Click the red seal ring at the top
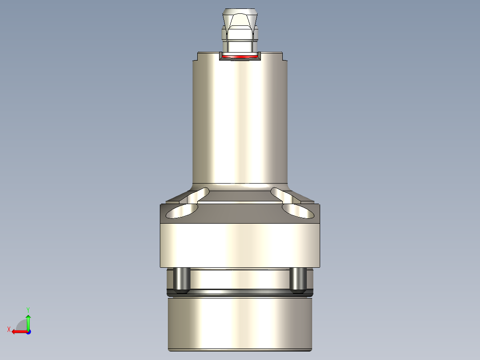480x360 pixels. click(x=240, y=57)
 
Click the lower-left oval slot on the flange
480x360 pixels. click(x=182, y=212)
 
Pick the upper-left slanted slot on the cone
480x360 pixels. click(x=198, y=194)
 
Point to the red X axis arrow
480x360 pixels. click(x=18, y=331)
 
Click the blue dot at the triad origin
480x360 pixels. click(x=28, y=331)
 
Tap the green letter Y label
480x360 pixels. click(x=28, y=309)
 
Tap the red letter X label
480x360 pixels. click(x=8, y=329)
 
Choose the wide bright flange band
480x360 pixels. click(x=240, y=245)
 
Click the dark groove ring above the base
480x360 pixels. click(x=240, y=292)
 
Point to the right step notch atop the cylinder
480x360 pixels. click(x=284, y=57)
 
